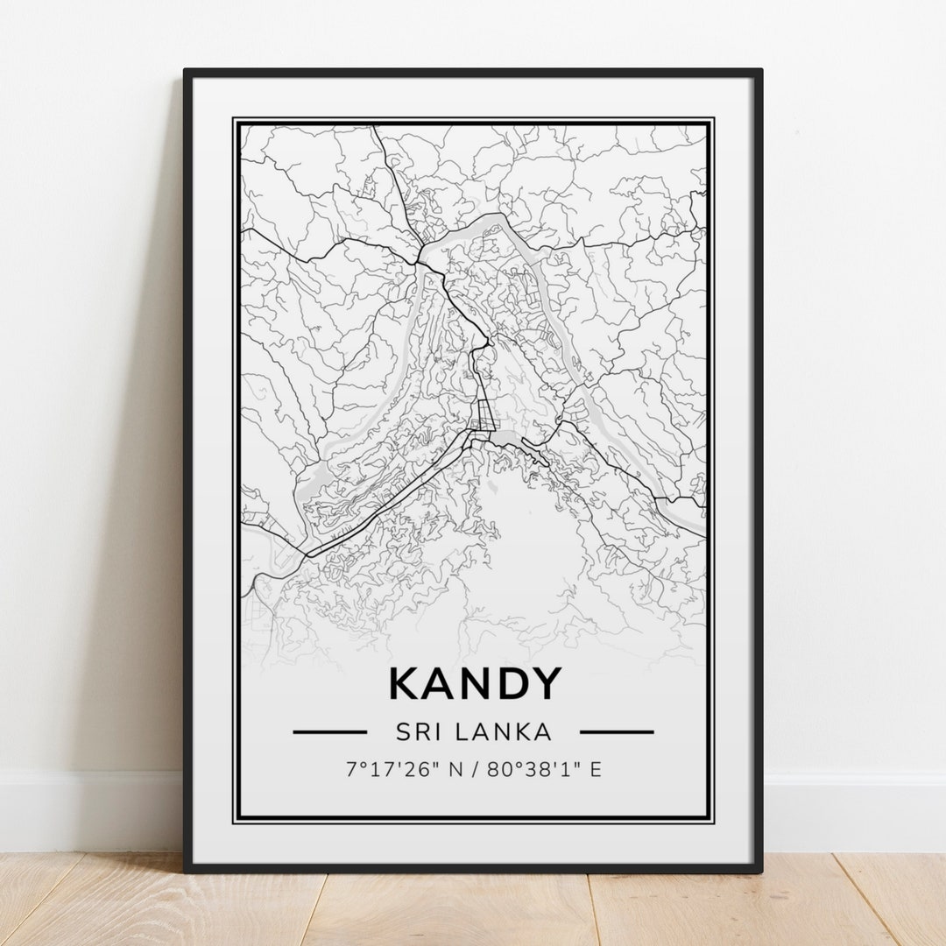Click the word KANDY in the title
[x=474, y=683]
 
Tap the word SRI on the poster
[x=419, y=731]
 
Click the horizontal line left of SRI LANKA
[x=329, y=731]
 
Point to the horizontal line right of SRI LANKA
[x=617, y=731]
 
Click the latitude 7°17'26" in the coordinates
[x=390, y=770]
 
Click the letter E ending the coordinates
[x=595, y=770]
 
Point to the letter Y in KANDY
[x=545, y=683]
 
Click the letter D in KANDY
[x=509, y=683]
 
